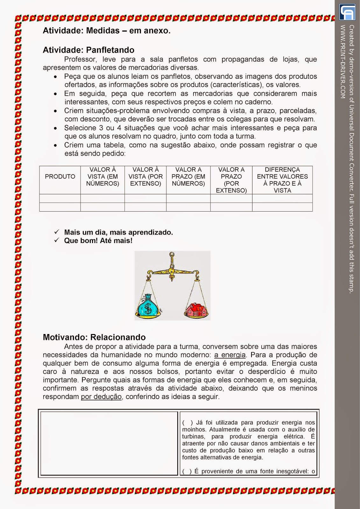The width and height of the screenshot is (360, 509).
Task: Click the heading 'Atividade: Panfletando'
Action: pos(88,50)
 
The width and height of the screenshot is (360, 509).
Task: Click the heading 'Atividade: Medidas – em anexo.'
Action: pos(107,31)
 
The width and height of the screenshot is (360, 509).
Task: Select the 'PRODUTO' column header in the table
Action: pos(60,177)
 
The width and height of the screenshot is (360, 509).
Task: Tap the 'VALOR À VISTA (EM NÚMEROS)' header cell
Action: pos(102,177)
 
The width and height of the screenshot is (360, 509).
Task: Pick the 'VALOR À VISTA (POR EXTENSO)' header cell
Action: pos(145,177)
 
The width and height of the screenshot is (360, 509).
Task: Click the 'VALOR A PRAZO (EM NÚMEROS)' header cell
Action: pos(188,177)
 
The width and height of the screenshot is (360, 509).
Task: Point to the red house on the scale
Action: pos(196,309)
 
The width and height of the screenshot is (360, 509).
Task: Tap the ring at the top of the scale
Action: pos(172,254)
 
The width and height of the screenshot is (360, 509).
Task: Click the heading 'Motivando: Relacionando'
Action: pos(94,337)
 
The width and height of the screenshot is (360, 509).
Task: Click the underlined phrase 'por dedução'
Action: pos(101,397)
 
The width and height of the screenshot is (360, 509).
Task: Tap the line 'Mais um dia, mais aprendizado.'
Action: pos(118,232)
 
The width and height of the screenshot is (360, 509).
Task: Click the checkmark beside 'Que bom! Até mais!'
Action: pos(57,240)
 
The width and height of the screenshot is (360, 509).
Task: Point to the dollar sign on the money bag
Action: pos(148,308)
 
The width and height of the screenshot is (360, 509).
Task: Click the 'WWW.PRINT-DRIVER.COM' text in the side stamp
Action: pos(343,62)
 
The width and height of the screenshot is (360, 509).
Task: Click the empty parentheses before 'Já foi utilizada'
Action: pos(187,423)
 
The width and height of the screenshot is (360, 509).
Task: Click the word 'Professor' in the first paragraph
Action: pos(80,59)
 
